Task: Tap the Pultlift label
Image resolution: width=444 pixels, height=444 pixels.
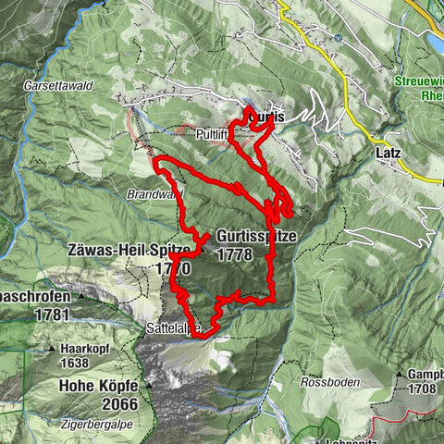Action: [x=213, y=134]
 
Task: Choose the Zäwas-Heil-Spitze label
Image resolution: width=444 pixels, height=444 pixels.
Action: [x=129, y=251]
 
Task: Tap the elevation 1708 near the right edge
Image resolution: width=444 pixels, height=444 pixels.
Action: [x=424, y=389]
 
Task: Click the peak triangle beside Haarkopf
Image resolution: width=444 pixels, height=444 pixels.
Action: [x=54, y=350]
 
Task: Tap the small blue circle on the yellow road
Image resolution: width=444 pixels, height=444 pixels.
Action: [x=339, y=38]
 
